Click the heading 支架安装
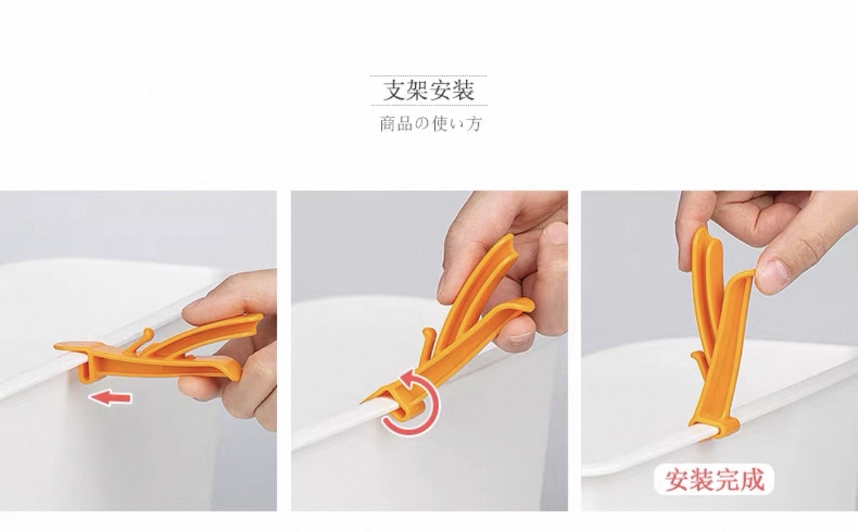[x=429, y=90]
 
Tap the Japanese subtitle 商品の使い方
[x=430, y=124]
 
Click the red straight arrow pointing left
[x=110, y=398]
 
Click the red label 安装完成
[x=714, y=479]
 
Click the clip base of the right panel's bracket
[x=716, y=427]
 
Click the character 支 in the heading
[x=394, y=90]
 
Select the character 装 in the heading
[x=464, y=90]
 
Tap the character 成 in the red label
[x=752, y=479]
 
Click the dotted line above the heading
[x=428, y=76]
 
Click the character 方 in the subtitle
[x=474, y=124]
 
